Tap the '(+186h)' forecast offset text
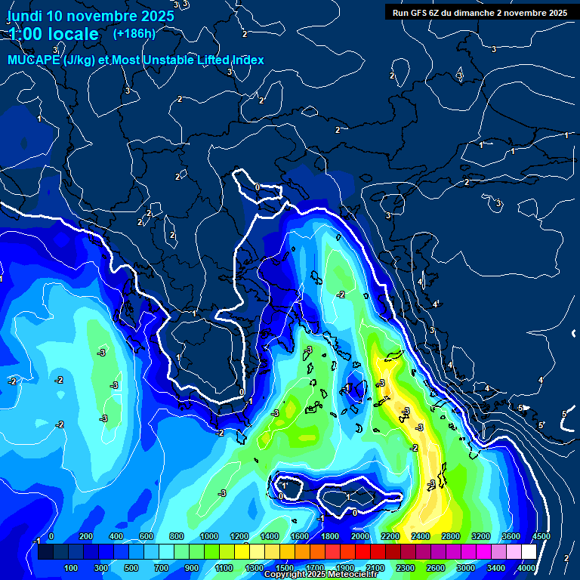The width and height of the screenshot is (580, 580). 134,33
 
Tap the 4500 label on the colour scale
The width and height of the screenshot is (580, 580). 541,536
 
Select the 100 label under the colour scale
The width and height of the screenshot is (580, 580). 71,567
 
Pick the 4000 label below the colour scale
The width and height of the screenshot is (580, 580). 526,567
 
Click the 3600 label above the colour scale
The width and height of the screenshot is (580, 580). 511,536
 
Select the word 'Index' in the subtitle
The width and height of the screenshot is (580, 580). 248,60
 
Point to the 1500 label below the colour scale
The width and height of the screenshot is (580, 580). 284,567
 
